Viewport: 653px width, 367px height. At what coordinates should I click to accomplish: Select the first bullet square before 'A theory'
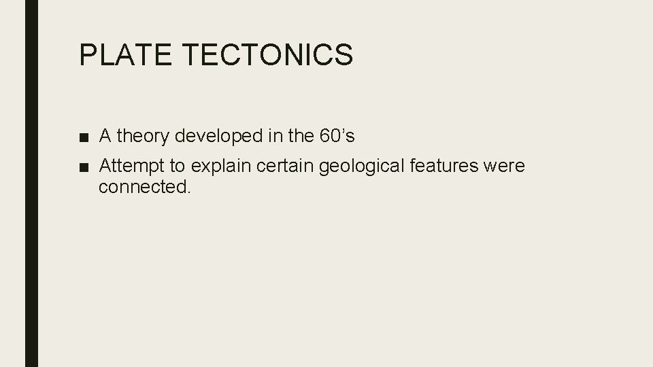[x=83, y=137]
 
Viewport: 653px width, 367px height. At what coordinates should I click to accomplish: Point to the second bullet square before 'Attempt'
[x=83, y=167]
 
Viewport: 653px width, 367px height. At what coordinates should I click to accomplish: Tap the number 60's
[x=336, y=137]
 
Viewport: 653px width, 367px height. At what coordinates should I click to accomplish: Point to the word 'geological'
[x=345, y=167]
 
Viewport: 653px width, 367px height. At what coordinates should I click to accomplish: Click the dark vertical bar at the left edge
[x=31, y=183]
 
